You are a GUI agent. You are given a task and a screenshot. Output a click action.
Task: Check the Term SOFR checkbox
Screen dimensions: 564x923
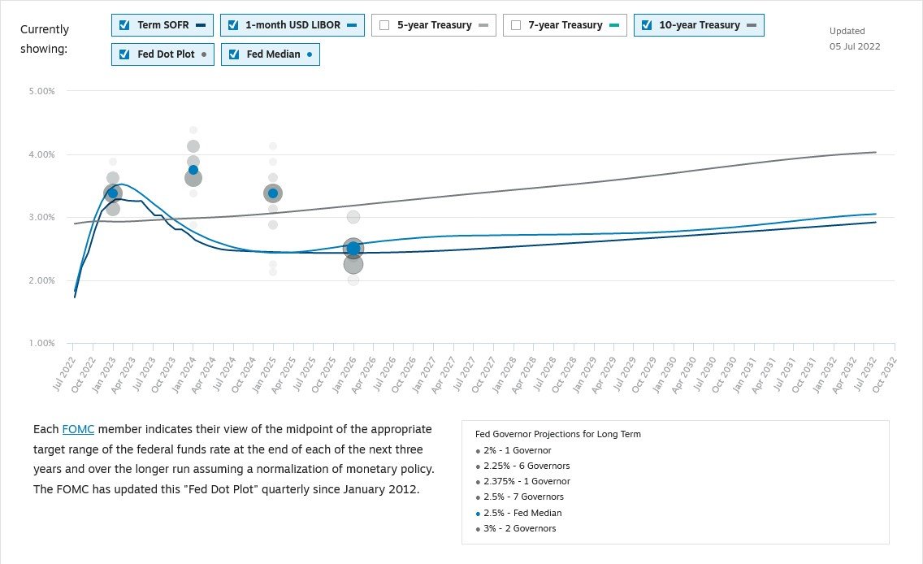[124, 25]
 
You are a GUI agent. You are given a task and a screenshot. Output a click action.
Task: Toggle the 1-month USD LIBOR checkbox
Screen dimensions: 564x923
[233, 25]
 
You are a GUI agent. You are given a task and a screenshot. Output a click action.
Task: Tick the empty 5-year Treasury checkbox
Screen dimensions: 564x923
[384, 25]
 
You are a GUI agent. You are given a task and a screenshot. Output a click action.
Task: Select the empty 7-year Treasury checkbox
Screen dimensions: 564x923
[516, 25]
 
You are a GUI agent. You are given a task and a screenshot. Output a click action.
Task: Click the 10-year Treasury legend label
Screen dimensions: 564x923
[699, 25]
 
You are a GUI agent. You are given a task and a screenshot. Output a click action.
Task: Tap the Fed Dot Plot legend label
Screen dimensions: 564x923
[167, 55]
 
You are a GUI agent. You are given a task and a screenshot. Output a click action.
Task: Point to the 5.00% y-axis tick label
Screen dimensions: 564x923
[41, 92]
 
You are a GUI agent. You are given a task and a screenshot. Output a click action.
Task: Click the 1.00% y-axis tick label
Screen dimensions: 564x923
[41, 344]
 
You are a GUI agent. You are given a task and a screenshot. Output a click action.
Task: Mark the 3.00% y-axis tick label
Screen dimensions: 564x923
[41, 218]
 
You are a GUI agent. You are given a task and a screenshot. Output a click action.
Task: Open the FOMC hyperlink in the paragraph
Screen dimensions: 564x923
[78, 429]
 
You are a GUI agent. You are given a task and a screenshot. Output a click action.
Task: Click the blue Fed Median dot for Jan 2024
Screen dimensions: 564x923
[193, 170]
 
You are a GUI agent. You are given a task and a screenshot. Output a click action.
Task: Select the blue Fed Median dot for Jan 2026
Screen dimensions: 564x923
[353, 249]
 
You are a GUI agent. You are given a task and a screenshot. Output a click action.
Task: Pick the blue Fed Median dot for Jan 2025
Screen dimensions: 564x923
[273, 193]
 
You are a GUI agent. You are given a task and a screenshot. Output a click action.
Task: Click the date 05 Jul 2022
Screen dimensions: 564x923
[855, 46]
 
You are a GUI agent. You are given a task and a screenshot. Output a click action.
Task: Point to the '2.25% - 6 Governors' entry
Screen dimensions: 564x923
[526, 466]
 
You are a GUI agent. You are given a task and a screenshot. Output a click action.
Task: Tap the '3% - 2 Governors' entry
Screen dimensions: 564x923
[519, 528]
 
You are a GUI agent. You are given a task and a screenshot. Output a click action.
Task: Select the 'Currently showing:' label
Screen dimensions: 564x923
[45, 39]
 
